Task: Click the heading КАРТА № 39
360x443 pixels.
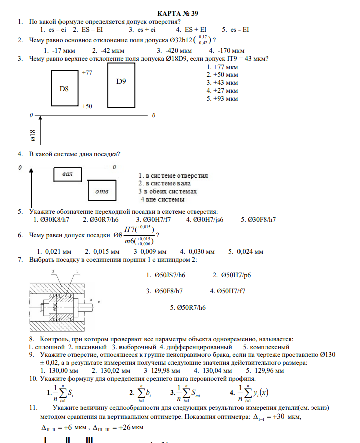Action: click(x=181, y=13)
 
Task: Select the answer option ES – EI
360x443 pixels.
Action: click(x=93, y=30)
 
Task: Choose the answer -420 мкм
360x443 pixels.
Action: click(x=174, y=50)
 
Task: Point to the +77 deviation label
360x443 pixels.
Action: click(x=87, y=73)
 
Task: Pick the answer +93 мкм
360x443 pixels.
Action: click(x=222, y=99)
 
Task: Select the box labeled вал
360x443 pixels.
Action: click(x=68, y=174)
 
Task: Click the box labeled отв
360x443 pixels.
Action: click(x=102, y=191)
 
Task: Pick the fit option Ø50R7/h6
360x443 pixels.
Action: click(x=188, y=307)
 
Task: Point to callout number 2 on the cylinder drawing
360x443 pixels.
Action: click(x=53, y=271)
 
